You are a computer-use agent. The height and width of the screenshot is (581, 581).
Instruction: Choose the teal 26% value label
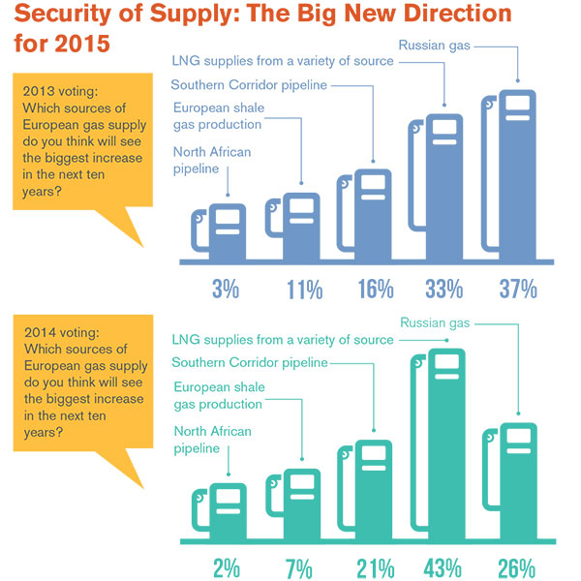click(x=517, y=566)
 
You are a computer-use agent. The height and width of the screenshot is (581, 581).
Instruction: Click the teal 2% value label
click(x=227, y=566)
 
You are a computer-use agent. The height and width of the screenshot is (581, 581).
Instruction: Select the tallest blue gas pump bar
click(x=516, y=174)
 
